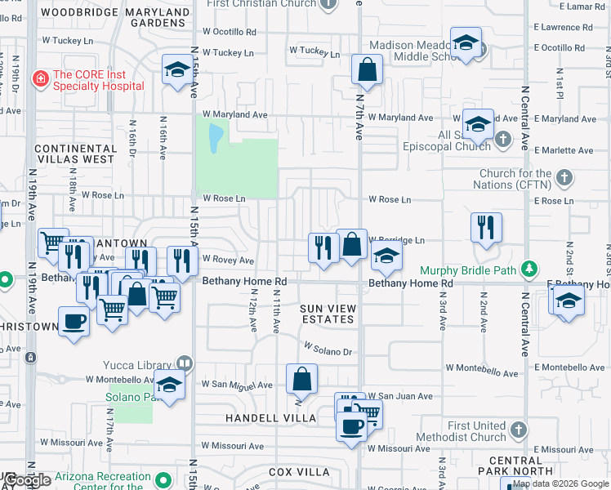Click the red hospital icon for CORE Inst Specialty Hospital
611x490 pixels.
click(39, 79)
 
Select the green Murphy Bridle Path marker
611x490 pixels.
click(530, 269)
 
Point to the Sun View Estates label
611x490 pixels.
click(328, 313)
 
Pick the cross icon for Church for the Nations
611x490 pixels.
click(564, 177)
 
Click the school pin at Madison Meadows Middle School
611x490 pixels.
click(466, 42)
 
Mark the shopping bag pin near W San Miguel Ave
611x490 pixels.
click(301, 378)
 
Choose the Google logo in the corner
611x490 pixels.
click(27, 480)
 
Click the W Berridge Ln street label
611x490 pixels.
click(399, 241)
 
